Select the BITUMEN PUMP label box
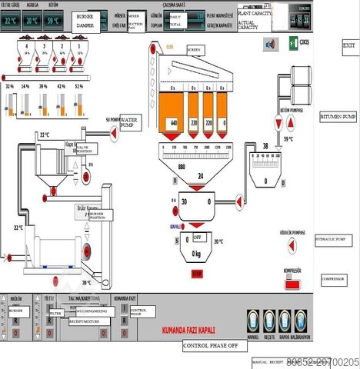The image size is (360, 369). (x=338, y=117)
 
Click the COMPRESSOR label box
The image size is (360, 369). (x=334, y=279)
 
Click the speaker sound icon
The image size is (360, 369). (x=270, y=44)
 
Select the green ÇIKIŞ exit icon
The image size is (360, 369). (x=295, y=44)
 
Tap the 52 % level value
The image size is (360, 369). (x=78, y=86)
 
